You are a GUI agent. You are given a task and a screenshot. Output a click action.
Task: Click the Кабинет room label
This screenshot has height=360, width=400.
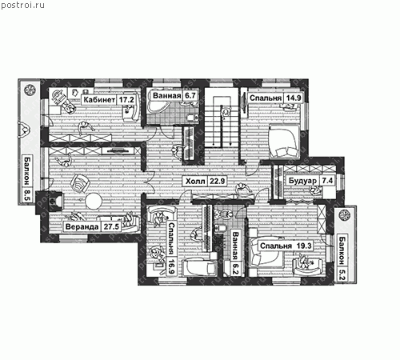tap(99, 100)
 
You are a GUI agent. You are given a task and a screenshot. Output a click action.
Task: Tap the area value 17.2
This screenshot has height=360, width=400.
tap(126, 100)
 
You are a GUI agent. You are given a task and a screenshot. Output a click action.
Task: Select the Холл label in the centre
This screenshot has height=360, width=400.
tap(195, 182)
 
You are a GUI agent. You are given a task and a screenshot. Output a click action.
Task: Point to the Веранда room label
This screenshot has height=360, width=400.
tap(82, 227)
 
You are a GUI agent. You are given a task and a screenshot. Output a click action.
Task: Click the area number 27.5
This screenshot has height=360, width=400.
tap(111, 227)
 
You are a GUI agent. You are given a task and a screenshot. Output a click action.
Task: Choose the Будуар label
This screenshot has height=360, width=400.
tap(303, 181)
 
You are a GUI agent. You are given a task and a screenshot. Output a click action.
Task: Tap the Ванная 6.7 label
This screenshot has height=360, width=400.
tap(174, 95)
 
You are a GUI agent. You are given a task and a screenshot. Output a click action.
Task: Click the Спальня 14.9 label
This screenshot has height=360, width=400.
tap(275, 98)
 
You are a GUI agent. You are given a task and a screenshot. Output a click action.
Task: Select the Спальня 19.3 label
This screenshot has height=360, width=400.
tap(286, 246)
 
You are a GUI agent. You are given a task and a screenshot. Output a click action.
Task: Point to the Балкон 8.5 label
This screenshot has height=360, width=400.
tap(27, 179)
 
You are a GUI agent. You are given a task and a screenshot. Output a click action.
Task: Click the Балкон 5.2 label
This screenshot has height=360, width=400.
tap(342, 258)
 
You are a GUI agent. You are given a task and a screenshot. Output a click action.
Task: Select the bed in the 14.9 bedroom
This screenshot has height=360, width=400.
tap(283, 142)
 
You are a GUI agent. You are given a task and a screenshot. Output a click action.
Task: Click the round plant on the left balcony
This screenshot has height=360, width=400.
tap(29, 90)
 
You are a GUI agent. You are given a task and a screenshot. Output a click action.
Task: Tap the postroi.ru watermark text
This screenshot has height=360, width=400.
tap(22, 5)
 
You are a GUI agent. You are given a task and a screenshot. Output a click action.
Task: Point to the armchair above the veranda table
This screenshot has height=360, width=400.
tap(80, 183)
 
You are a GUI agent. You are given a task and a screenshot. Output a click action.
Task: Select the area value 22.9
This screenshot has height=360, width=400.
tap(217, 182)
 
